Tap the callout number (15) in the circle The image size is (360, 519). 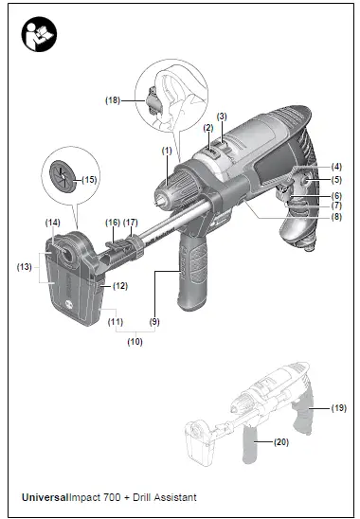(x=90, y=178)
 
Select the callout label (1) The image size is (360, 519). (x=167, y=151)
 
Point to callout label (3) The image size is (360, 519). (x=223, y=116)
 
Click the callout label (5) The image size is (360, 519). (x=336, y=179)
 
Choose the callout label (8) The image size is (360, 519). (x=336, y=217)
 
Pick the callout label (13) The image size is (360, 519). (x=25, y=267)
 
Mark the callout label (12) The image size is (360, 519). (x=121, y=285)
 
